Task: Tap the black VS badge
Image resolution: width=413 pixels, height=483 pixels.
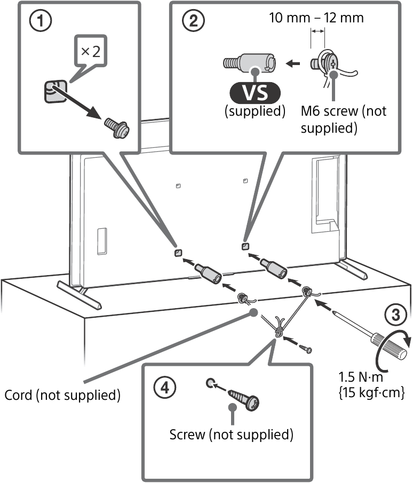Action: tap(256, 94)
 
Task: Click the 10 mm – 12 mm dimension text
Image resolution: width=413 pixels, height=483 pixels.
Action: tap(316, 18)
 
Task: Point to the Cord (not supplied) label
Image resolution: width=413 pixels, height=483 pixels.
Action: tap(61, 396)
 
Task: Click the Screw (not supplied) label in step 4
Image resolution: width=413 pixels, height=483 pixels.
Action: tap(232, 434)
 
